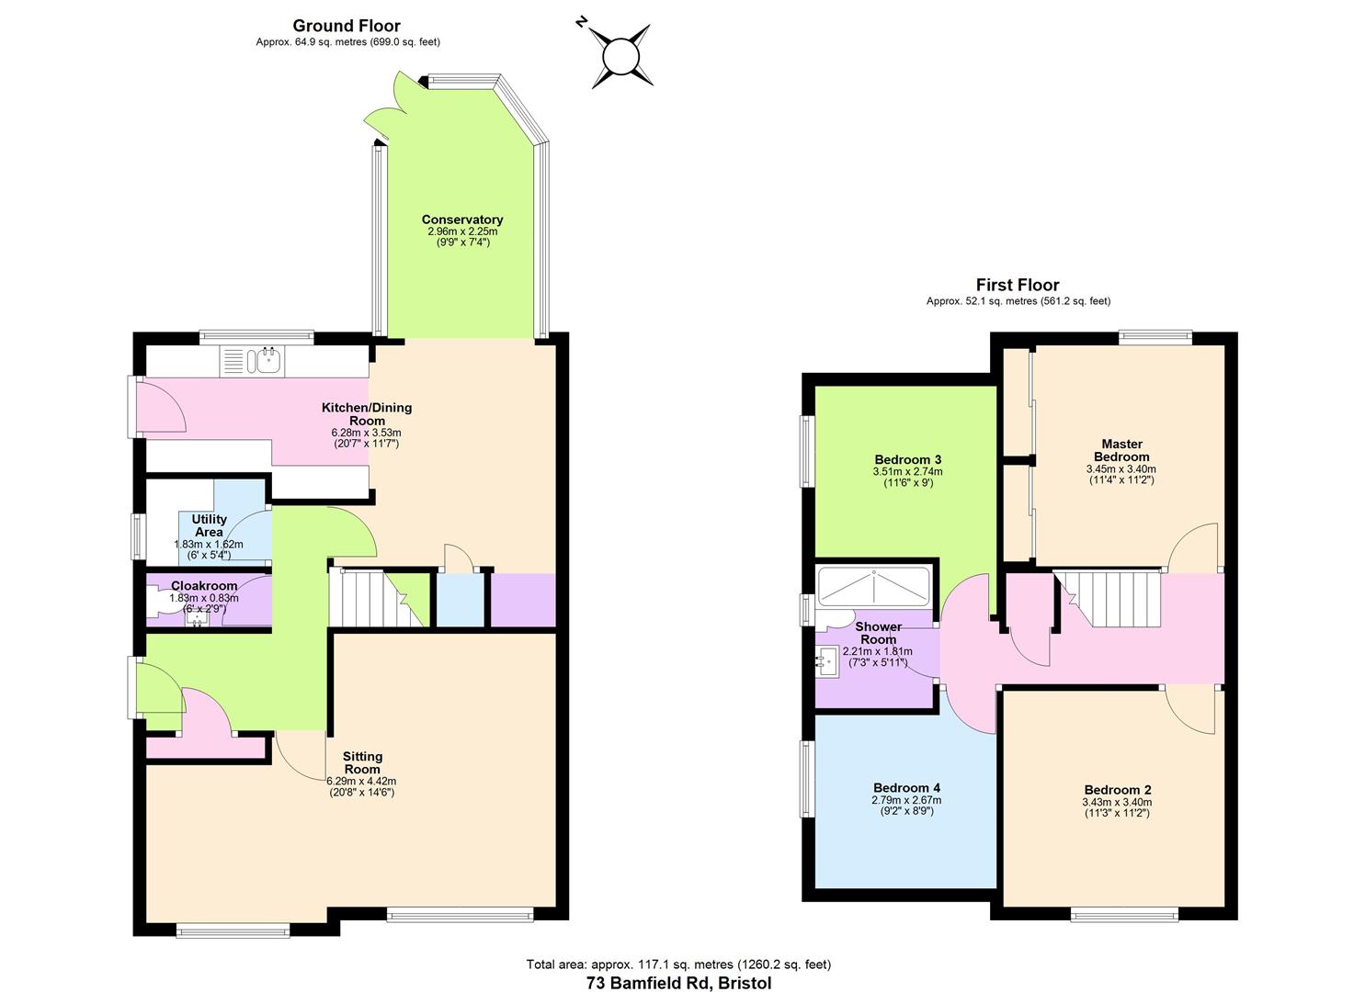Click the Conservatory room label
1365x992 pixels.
tap(462, 220)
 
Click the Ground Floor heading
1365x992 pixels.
tap(347, 27)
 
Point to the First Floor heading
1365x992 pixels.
tap(1018, 285)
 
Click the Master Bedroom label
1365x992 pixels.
tap(1121, 451)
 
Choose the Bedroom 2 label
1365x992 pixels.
tap(1118, 790)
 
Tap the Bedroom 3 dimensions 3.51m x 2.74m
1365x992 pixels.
tap(907, 471)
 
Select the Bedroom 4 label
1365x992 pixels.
tap(906, 788)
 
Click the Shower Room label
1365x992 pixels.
tap(878, 634)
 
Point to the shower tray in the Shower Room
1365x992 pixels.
tap(874, 587)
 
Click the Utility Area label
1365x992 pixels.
tap(209, 525)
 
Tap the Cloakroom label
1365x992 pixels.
tap(204, 586)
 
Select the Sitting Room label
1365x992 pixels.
tap(362, 762)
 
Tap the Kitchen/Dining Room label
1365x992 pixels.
tap(367, 414)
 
